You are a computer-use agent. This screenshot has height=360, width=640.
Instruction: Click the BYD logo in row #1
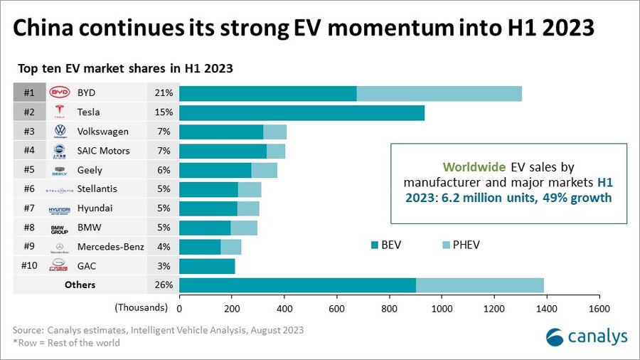click(60, 93)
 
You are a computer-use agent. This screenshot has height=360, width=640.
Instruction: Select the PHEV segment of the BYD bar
click(439, 93)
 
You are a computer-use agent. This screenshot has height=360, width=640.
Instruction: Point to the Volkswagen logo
click(60, 132)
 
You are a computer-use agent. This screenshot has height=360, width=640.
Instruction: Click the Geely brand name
click(90, 170)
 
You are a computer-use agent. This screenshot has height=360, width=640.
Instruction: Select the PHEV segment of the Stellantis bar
click(250, 189)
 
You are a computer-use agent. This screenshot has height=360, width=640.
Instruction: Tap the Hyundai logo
click(60, 208)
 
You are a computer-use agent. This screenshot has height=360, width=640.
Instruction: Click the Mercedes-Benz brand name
click(110, 247)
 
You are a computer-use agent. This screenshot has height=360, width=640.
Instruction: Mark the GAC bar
click(207, 266)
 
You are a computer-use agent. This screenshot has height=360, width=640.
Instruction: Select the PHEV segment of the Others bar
click(480, 285)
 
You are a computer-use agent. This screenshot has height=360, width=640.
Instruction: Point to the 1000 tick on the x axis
click(442, 308)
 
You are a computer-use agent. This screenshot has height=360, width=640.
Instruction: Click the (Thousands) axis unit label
click(141, 308)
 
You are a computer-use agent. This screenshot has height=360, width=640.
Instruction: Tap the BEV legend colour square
click(373, 245)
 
